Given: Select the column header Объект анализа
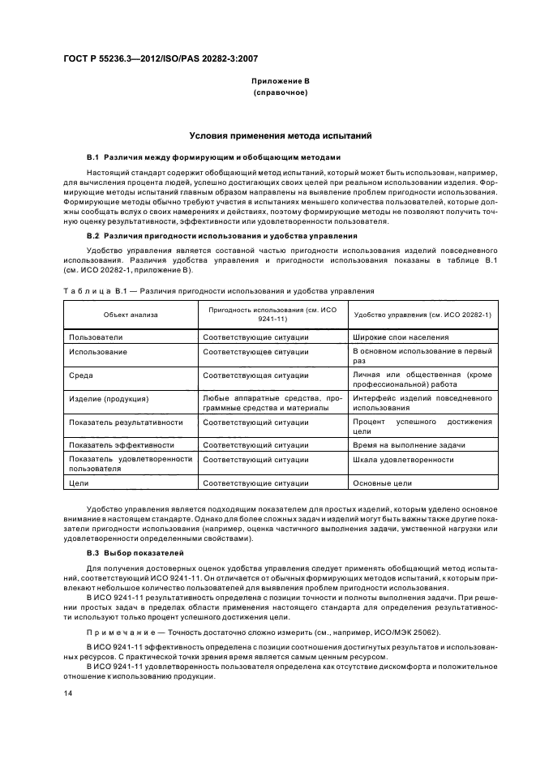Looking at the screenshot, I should [130, 314].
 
